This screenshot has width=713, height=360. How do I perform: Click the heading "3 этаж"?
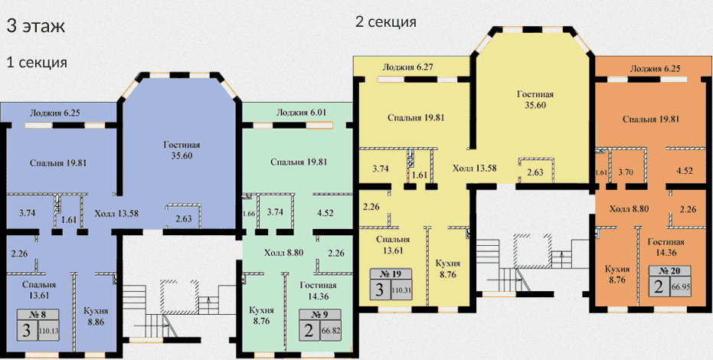[36, 26]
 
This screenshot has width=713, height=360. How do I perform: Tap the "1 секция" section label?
[37, 62]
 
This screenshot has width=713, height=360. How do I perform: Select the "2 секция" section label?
[386, 21]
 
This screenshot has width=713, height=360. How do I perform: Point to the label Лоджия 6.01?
[300, 113]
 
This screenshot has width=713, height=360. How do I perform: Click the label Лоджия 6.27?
[407, 67]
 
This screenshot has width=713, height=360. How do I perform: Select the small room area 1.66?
[248, 214]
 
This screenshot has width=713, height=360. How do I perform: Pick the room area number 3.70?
[626, 172]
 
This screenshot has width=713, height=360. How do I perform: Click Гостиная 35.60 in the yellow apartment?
[535, 100]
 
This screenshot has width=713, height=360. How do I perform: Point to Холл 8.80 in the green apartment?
[283, 253]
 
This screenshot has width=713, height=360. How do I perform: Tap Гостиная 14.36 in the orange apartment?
[666, 247]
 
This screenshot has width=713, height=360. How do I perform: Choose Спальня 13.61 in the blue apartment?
[39, 290]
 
